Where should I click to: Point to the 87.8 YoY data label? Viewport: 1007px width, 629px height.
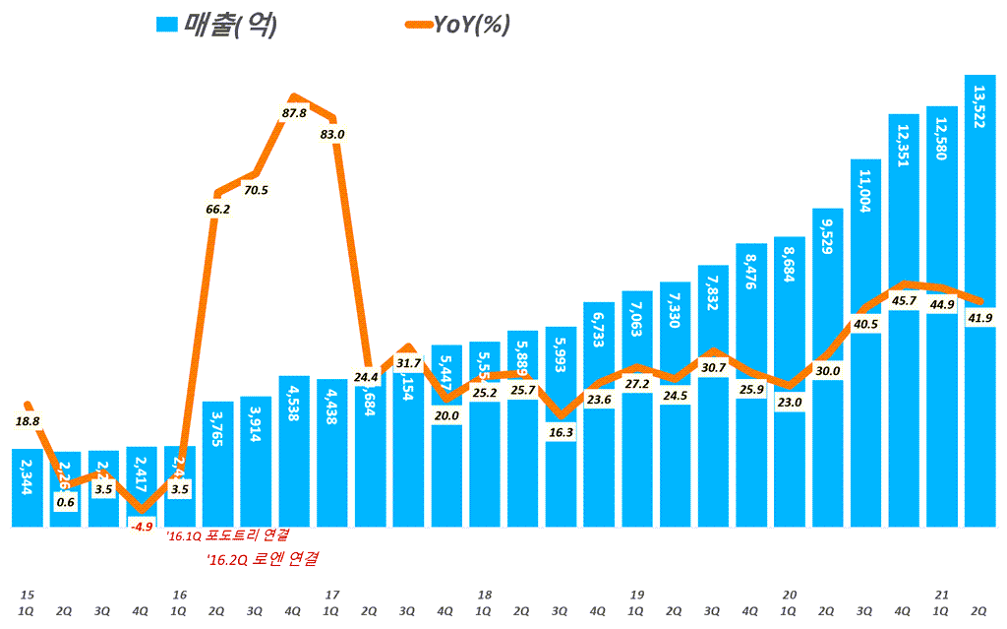coord(294,114)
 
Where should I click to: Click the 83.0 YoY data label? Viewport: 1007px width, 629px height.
coord(332,134)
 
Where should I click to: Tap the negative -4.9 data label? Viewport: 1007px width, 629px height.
coord(142,527)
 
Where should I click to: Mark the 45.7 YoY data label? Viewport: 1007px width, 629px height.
coord(903,300)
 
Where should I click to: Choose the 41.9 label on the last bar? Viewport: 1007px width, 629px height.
coord(979,318)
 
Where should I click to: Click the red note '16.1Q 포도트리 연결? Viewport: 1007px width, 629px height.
coord(227,536)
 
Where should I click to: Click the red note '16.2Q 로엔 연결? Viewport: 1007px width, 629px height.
coord(264,559)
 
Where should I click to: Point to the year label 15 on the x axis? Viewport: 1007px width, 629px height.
coord(28,595)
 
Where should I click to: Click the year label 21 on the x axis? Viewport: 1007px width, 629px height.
coord(941,595)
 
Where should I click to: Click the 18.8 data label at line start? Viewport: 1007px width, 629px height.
coord(29,421)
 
